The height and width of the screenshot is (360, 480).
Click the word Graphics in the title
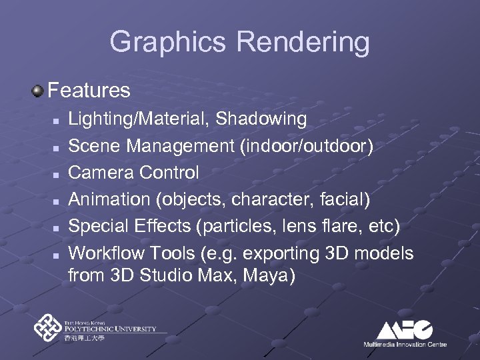169,42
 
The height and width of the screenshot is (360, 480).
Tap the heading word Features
89,89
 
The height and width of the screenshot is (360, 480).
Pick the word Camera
101,173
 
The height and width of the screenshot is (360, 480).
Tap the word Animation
110,199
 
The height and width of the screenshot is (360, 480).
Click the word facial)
345,199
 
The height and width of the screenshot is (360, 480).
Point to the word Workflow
109,253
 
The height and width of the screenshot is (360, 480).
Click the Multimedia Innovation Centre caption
405,344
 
